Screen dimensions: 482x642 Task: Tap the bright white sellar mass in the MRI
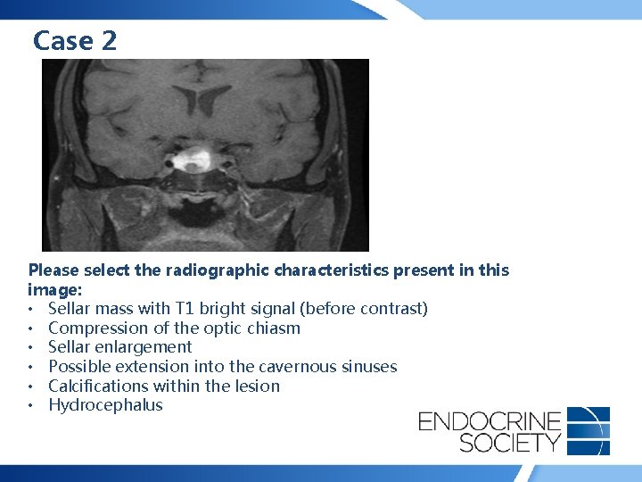(191, 162)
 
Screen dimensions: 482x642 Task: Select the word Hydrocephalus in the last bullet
(105, 405)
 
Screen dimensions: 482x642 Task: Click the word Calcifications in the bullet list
(100, 386)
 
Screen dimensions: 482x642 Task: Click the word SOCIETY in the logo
(490, 442)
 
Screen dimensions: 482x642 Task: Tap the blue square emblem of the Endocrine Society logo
(588, 430)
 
